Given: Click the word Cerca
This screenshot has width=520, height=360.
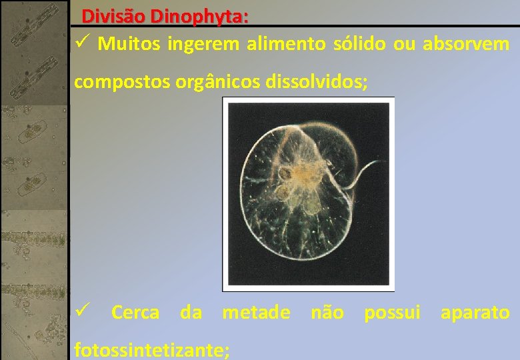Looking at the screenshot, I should click(x=135, y=312).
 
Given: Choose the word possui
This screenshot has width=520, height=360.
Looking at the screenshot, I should click(x=392, y=312).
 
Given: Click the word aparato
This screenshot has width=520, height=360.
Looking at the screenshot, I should click(x=475, y=312).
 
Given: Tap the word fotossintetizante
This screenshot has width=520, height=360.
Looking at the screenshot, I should click(x=152, y=349).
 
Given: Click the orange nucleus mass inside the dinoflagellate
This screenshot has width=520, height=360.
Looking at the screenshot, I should click(x=301, y=177).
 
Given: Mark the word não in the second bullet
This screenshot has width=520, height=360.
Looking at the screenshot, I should click(x=327, y=312).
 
